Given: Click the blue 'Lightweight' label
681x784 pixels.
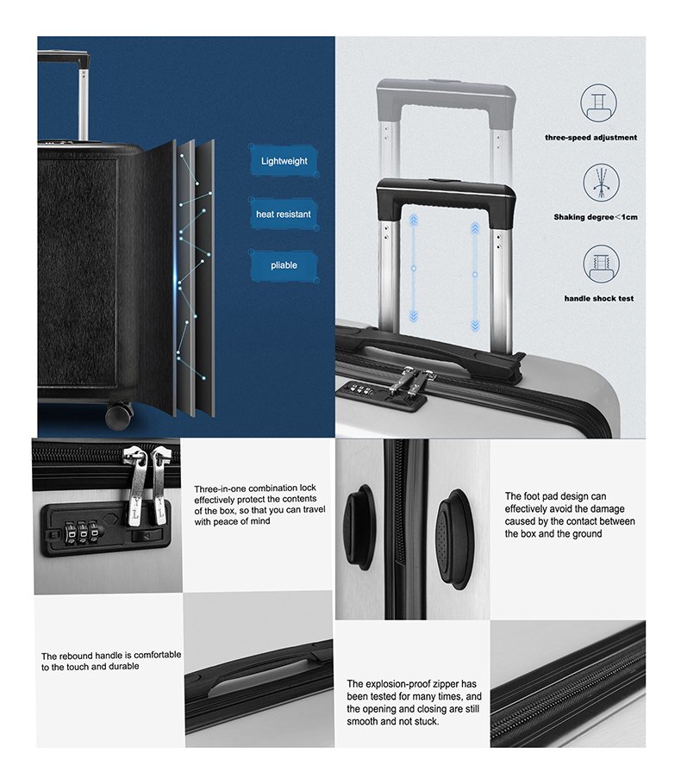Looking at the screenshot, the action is point(284,161).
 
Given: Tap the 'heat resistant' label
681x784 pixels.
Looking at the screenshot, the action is point(284,214).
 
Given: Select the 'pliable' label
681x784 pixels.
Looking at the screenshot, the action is point(284,265).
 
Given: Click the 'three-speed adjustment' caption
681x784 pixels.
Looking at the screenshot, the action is point(591,138).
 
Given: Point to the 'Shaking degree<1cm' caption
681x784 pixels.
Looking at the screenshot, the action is point(596,217).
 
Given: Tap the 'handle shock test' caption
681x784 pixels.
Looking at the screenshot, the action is point(599,298).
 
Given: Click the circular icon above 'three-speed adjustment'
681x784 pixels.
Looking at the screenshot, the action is point(598,103).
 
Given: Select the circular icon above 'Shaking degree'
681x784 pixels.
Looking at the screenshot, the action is point(601,183).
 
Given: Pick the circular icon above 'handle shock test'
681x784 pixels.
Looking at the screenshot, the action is point(601,264).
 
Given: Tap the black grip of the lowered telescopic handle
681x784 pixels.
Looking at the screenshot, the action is point(446,195).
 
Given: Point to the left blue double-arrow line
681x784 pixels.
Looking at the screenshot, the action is point(413,268).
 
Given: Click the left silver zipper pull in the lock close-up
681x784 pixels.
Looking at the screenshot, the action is point(136,488).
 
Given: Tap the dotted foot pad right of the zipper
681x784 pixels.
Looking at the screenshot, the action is point(453,539).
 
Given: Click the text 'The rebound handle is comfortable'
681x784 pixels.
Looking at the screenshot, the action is point(111,655).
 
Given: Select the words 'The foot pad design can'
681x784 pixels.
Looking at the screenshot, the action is point(555,496).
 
